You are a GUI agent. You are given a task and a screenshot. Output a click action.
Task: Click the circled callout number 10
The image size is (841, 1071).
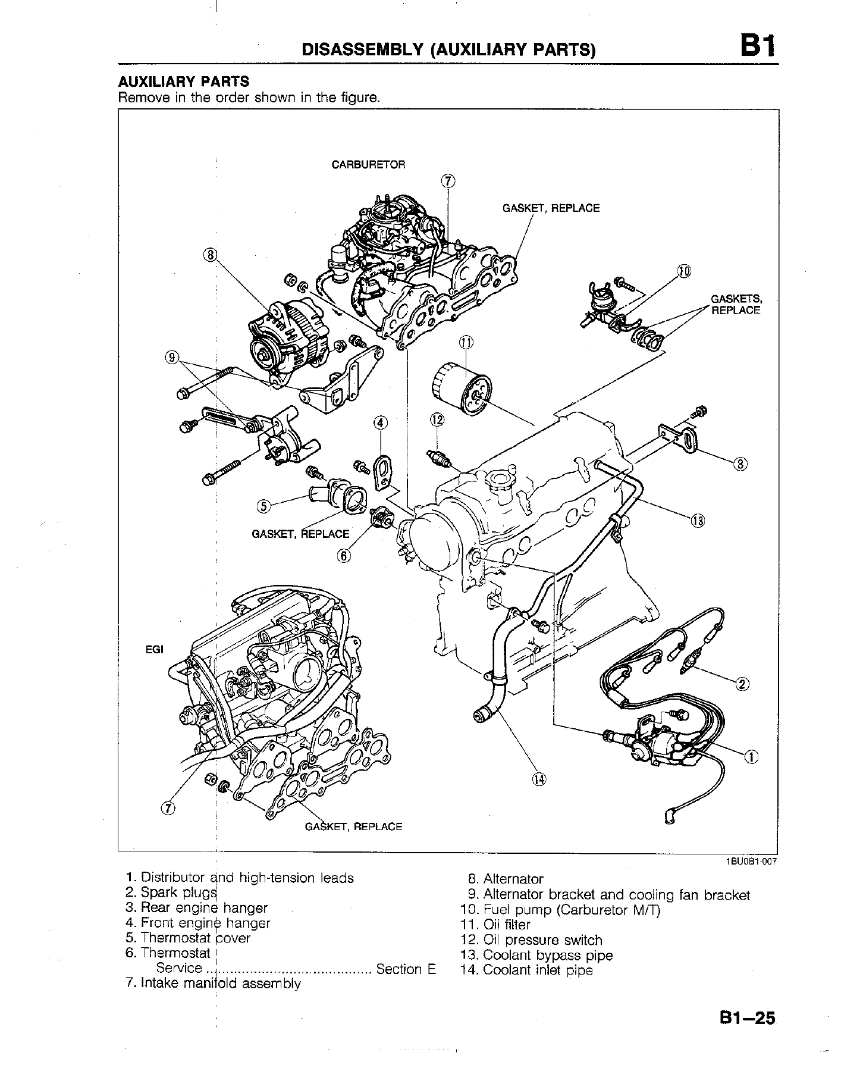click(684, 272)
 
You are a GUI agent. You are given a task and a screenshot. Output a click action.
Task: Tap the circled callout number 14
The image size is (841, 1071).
click(539, 779)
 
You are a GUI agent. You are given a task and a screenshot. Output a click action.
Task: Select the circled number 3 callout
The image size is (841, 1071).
click(740, 464)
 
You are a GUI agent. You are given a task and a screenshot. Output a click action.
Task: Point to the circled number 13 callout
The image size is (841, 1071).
click(698, 522)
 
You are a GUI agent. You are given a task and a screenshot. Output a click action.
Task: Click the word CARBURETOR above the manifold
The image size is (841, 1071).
click(368, 165)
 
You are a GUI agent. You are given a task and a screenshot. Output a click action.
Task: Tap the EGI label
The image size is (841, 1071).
click(154, 649)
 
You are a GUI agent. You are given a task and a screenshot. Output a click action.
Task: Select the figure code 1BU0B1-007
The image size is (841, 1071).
click(750, 861)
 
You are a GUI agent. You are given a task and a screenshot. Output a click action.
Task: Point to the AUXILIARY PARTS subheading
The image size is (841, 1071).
click(184, 82)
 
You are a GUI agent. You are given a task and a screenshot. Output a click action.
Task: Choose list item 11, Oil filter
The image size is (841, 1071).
click(495, 925)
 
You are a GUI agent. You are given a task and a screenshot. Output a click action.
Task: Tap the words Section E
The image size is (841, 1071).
click(406, 969)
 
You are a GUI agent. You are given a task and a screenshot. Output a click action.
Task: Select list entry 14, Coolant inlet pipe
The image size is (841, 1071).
click(527, 970)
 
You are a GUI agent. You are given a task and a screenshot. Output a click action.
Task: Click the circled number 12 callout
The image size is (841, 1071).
click(437, 420)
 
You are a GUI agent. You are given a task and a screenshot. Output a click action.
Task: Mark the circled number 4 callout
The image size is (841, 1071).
click(381, 423)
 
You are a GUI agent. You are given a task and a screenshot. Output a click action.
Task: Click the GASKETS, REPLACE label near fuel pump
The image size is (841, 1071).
click(736, 305)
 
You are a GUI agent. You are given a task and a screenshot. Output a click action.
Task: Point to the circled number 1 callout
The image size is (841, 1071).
click(751, 757)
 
